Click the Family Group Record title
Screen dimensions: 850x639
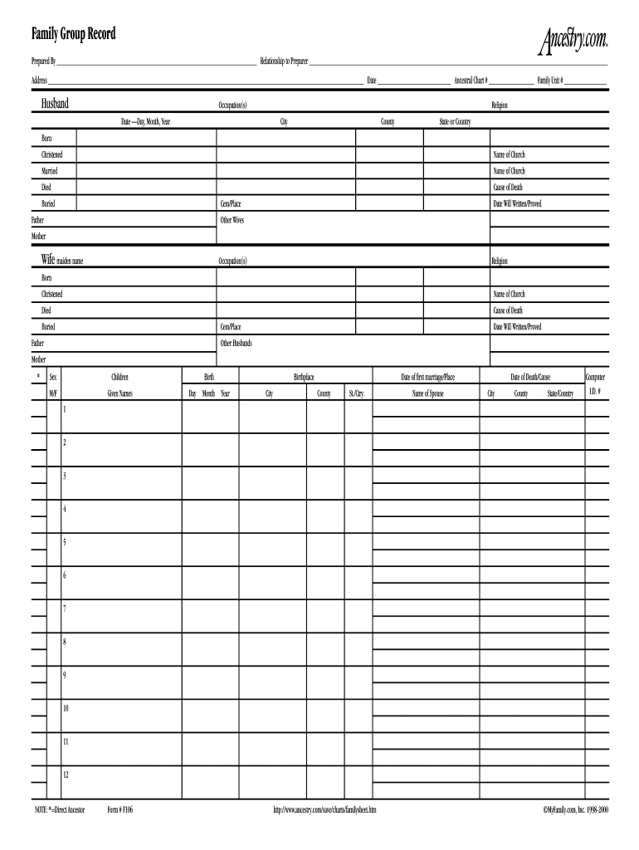point(74,34)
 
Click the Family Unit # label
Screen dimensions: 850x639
point(550,81)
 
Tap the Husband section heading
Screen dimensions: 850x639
point(55,104)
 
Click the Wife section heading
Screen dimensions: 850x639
point(48,260)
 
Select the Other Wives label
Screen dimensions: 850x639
point(232,221)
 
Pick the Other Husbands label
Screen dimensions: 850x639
point(236,344)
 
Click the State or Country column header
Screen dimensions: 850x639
point(455,122)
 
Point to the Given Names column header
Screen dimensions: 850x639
point(120,393)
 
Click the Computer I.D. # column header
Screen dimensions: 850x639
point(595,384)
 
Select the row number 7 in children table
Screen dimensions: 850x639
point(65,608)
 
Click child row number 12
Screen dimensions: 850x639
point(66,774)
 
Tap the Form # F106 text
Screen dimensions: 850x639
point(120,808)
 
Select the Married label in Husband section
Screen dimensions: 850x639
point(50,171)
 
